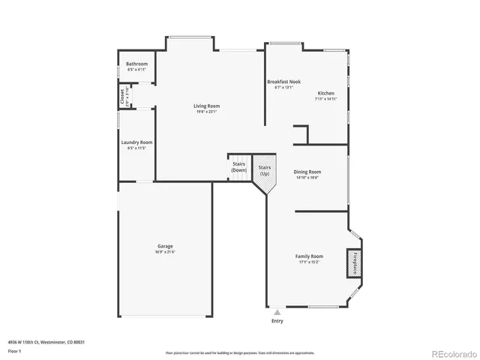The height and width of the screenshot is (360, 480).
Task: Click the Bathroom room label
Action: (136, 64)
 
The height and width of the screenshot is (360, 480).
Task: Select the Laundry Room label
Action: (136, 142)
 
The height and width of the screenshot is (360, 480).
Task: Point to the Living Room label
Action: (206, 106)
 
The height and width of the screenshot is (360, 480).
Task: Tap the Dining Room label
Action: (307, 172)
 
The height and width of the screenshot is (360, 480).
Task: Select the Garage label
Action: (166, 246)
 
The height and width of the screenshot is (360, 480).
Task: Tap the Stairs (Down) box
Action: (238, 167)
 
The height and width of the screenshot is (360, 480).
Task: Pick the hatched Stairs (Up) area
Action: (264, 170)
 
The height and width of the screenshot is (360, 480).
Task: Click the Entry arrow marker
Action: (277, 311)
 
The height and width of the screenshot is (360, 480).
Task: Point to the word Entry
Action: (277, 321)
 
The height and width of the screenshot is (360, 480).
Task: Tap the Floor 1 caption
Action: (15, 350)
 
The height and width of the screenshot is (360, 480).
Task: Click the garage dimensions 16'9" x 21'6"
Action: (166, 252)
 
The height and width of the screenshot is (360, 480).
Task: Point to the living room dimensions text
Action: (206, 112)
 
